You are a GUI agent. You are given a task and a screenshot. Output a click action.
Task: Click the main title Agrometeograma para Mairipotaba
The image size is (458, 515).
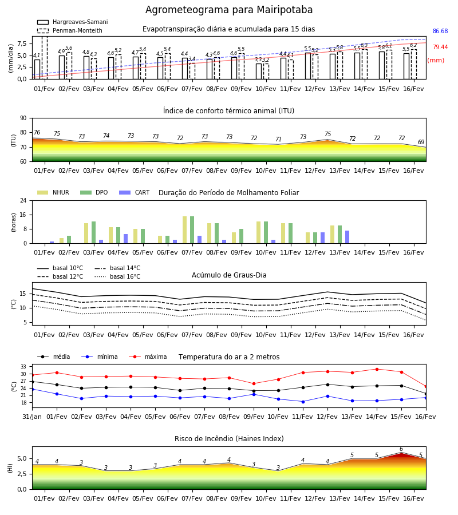click(x=228, y=10)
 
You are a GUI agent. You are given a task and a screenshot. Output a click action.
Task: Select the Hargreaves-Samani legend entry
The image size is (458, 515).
click(x=72, y=22)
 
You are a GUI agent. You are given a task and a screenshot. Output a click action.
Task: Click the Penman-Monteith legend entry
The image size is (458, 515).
click(x=70, y=30)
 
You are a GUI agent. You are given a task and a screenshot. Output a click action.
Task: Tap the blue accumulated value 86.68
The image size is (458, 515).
click(x=440, y=31)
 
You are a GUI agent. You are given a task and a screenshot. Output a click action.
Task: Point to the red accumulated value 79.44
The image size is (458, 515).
click(x=440, y=47)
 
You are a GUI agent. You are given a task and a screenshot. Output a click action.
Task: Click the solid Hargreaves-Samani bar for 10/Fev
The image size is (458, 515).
click(x=259, y=72)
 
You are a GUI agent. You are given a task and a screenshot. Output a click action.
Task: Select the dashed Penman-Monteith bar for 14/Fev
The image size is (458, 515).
click(x=365, y=64)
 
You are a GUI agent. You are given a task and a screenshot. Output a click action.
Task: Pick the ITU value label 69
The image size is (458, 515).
click(x=421, y=142)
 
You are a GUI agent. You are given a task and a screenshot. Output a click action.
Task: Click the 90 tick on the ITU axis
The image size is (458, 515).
click(x=23, y=118)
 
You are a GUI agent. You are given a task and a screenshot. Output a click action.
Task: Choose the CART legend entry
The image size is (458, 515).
click(x=134, y=192)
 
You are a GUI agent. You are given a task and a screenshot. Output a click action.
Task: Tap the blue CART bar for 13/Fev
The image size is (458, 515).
click(x=348, y=237)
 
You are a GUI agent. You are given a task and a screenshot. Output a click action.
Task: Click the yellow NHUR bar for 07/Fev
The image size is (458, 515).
click(x=185, y=230)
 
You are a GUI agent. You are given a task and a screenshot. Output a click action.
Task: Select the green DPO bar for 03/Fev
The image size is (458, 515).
click(x=94, y=232)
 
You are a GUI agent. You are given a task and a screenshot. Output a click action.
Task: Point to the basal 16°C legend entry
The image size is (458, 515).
click(x=117, y=276)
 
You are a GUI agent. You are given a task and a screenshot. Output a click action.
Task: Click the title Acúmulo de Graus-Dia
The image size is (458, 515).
click(x=229, y=275)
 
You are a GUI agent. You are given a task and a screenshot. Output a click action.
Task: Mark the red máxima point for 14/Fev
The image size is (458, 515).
click(x=377, y=369)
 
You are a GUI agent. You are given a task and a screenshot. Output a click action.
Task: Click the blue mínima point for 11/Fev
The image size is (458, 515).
click(x=303, y=402)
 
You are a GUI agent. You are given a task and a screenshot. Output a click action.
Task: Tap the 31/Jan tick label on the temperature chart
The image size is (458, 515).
click(x=32, y=417)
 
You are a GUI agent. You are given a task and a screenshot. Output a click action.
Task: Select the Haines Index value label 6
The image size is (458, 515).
click(x=401, y=449)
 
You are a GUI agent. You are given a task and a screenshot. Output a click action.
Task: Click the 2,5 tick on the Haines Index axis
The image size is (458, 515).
click(x=22, y=474)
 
